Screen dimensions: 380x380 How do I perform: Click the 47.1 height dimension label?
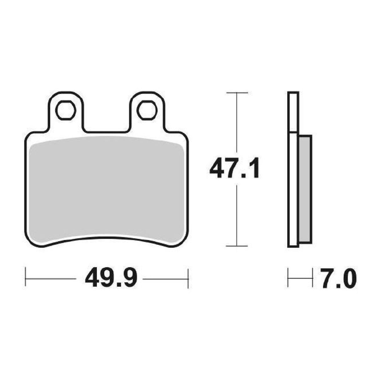point(234,169)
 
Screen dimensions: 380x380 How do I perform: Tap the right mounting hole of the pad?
point(146,110)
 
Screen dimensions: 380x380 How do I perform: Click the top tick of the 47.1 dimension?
point(237,93)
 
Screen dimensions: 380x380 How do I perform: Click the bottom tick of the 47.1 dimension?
point(237,246)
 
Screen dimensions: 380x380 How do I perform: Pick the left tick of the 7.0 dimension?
point(288,277)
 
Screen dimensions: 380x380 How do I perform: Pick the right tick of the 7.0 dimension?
point(312,277)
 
